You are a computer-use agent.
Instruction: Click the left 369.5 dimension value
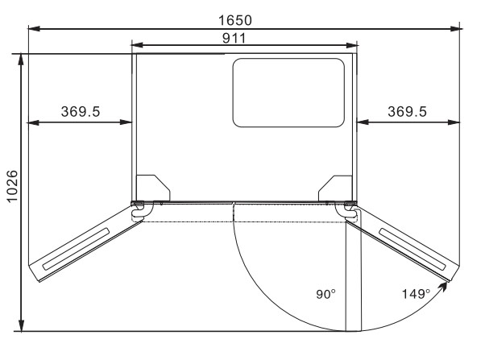pyautogui.click(x=81, y=111)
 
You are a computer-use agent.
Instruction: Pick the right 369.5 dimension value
pyautogui.click(x=408, y=111)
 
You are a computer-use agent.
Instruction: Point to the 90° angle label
pyautogui.click(x=326, y=293)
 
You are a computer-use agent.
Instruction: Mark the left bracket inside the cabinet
pyautogui.click(x=150, y=187)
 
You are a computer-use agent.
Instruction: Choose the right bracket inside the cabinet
pyautogui.click(x=337, y=187)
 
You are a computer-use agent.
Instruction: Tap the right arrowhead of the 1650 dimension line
pyautogui.click(x=457, y=30)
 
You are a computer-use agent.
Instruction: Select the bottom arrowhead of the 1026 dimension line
pyautogui.click(x=22, y=325)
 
